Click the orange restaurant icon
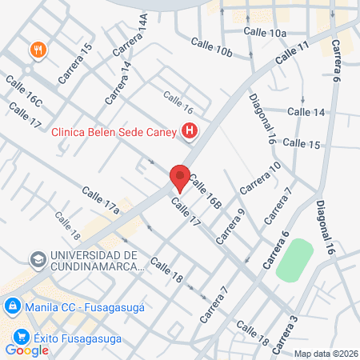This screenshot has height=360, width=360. pos(37,50)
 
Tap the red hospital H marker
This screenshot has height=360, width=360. pos(190,130)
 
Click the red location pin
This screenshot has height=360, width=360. pos(180,178)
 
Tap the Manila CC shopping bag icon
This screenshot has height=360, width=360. pos(12,306)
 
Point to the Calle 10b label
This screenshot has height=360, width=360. pos(211,47)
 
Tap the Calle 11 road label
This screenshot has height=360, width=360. pos(292,54)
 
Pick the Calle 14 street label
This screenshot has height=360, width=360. pos(306,112)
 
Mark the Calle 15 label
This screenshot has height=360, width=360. pos(302,144)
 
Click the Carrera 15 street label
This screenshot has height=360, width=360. pos(76,64)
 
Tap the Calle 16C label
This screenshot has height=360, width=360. pos(23,92)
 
